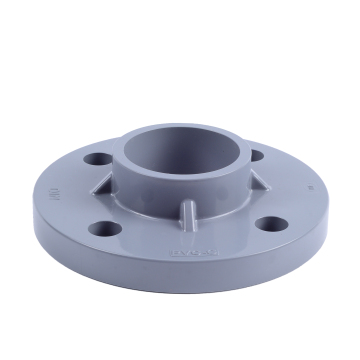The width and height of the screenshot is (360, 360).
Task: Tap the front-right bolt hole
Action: click(x=270, y=221)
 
